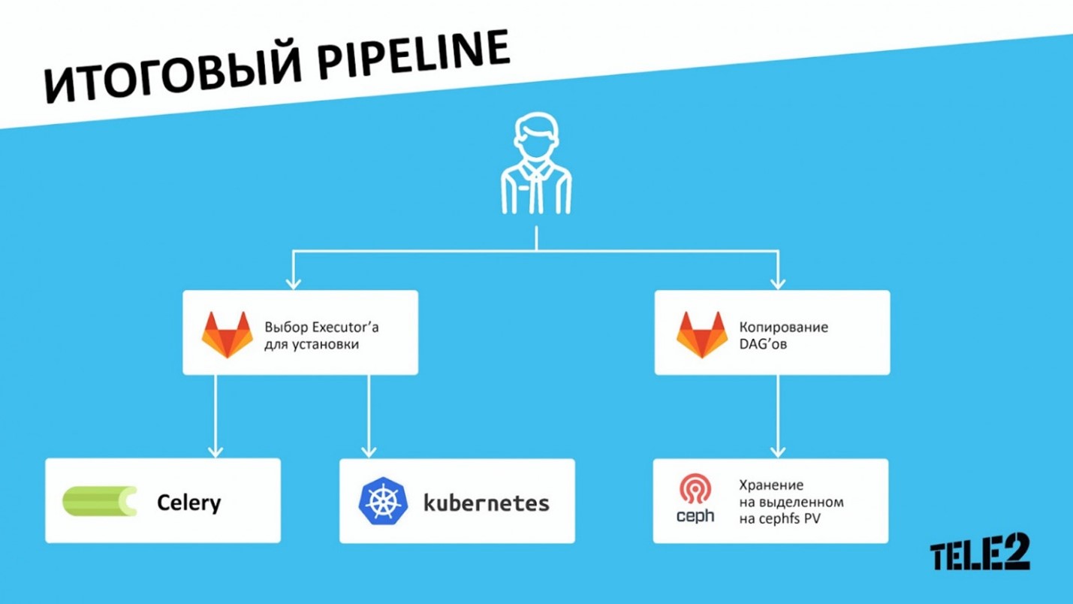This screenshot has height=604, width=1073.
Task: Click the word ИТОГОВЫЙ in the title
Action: point(173,77)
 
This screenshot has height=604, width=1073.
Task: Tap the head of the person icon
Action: point(536,136)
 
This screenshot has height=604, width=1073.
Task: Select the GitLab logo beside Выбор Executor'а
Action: point(227,334)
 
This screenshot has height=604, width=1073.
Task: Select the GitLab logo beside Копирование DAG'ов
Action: point(702,334)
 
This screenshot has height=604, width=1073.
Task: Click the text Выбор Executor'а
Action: point(321,327)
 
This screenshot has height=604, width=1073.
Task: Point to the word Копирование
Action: point(784,327)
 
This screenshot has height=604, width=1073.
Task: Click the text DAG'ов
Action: point(763,344)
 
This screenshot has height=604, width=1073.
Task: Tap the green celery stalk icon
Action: point(100,501)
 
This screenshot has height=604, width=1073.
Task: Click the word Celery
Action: point(188,503)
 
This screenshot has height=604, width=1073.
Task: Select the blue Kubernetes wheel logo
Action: point(383,501)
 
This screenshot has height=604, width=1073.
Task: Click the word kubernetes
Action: point(487,503)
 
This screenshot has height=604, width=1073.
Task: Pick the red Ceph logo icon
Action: point(695,489)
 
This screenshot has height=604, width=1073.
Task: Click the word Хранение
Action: point(770,485)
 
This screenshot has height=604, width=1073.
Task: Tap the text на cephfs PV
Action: point(779,518)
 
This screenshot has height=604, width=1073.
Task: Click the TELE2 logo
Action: point(980,551)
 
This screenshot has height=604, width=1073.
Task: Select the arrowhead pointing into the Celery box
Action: point(216,451)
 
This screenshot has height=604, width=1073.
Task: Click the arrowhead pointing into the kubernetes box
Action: point(369,451)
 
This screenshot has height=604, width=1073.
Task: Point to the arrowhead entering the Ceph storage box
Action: point(777,451)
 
